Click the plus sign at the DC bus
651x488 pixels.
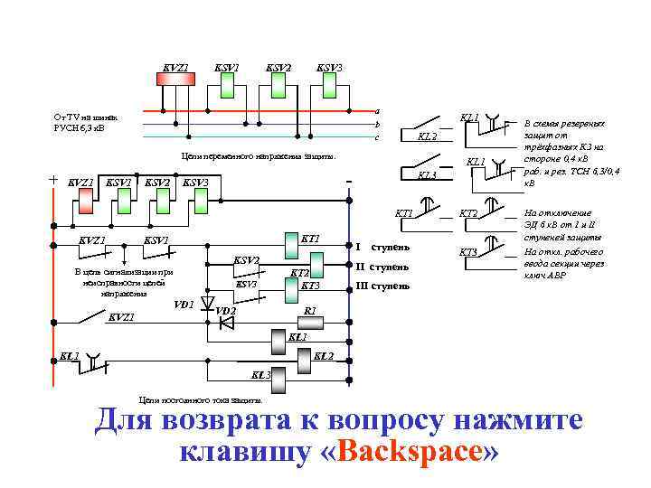52,180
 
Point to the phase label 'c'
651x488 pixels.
377,136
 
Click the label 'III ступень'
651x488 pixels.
382,286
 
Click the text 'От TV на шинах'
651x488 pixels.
91,117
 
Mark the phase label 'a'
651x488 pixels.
377,110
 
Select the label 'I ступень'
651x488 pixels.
383,246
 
